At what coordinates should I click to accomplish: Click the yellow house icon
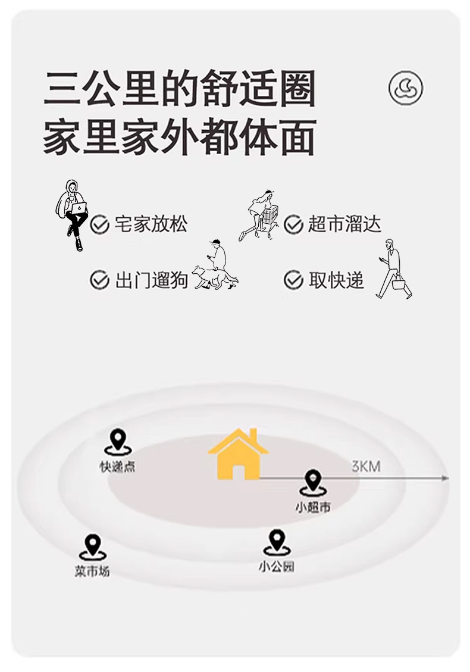[x=237, y=455]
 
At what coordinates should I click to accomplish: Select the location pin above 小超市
[x=312, y=482]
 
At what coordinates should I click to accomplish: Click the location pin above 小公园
[x=277, y=541]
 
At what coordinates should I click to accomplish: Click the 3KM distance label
[x=366, y=466]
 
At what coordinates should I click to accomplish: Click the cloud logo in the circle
[x=406, y=88]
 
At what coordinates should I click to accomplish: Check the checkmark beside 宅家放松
[x=99, y=225]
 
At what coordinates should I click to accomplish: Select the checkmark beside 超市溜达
[x=293, y=224]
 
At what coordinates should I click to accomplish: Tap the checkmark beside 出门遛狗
[x=99, y=279]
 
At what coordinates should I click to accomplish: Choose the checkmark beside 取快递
[x=293, y=279]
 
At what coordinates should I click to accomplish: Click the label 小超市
[x=313, y=508]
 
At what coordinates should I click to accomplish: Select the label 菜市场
[x=92, y=572]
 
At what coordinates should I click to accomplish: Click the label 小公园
[x=277, y=567]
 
